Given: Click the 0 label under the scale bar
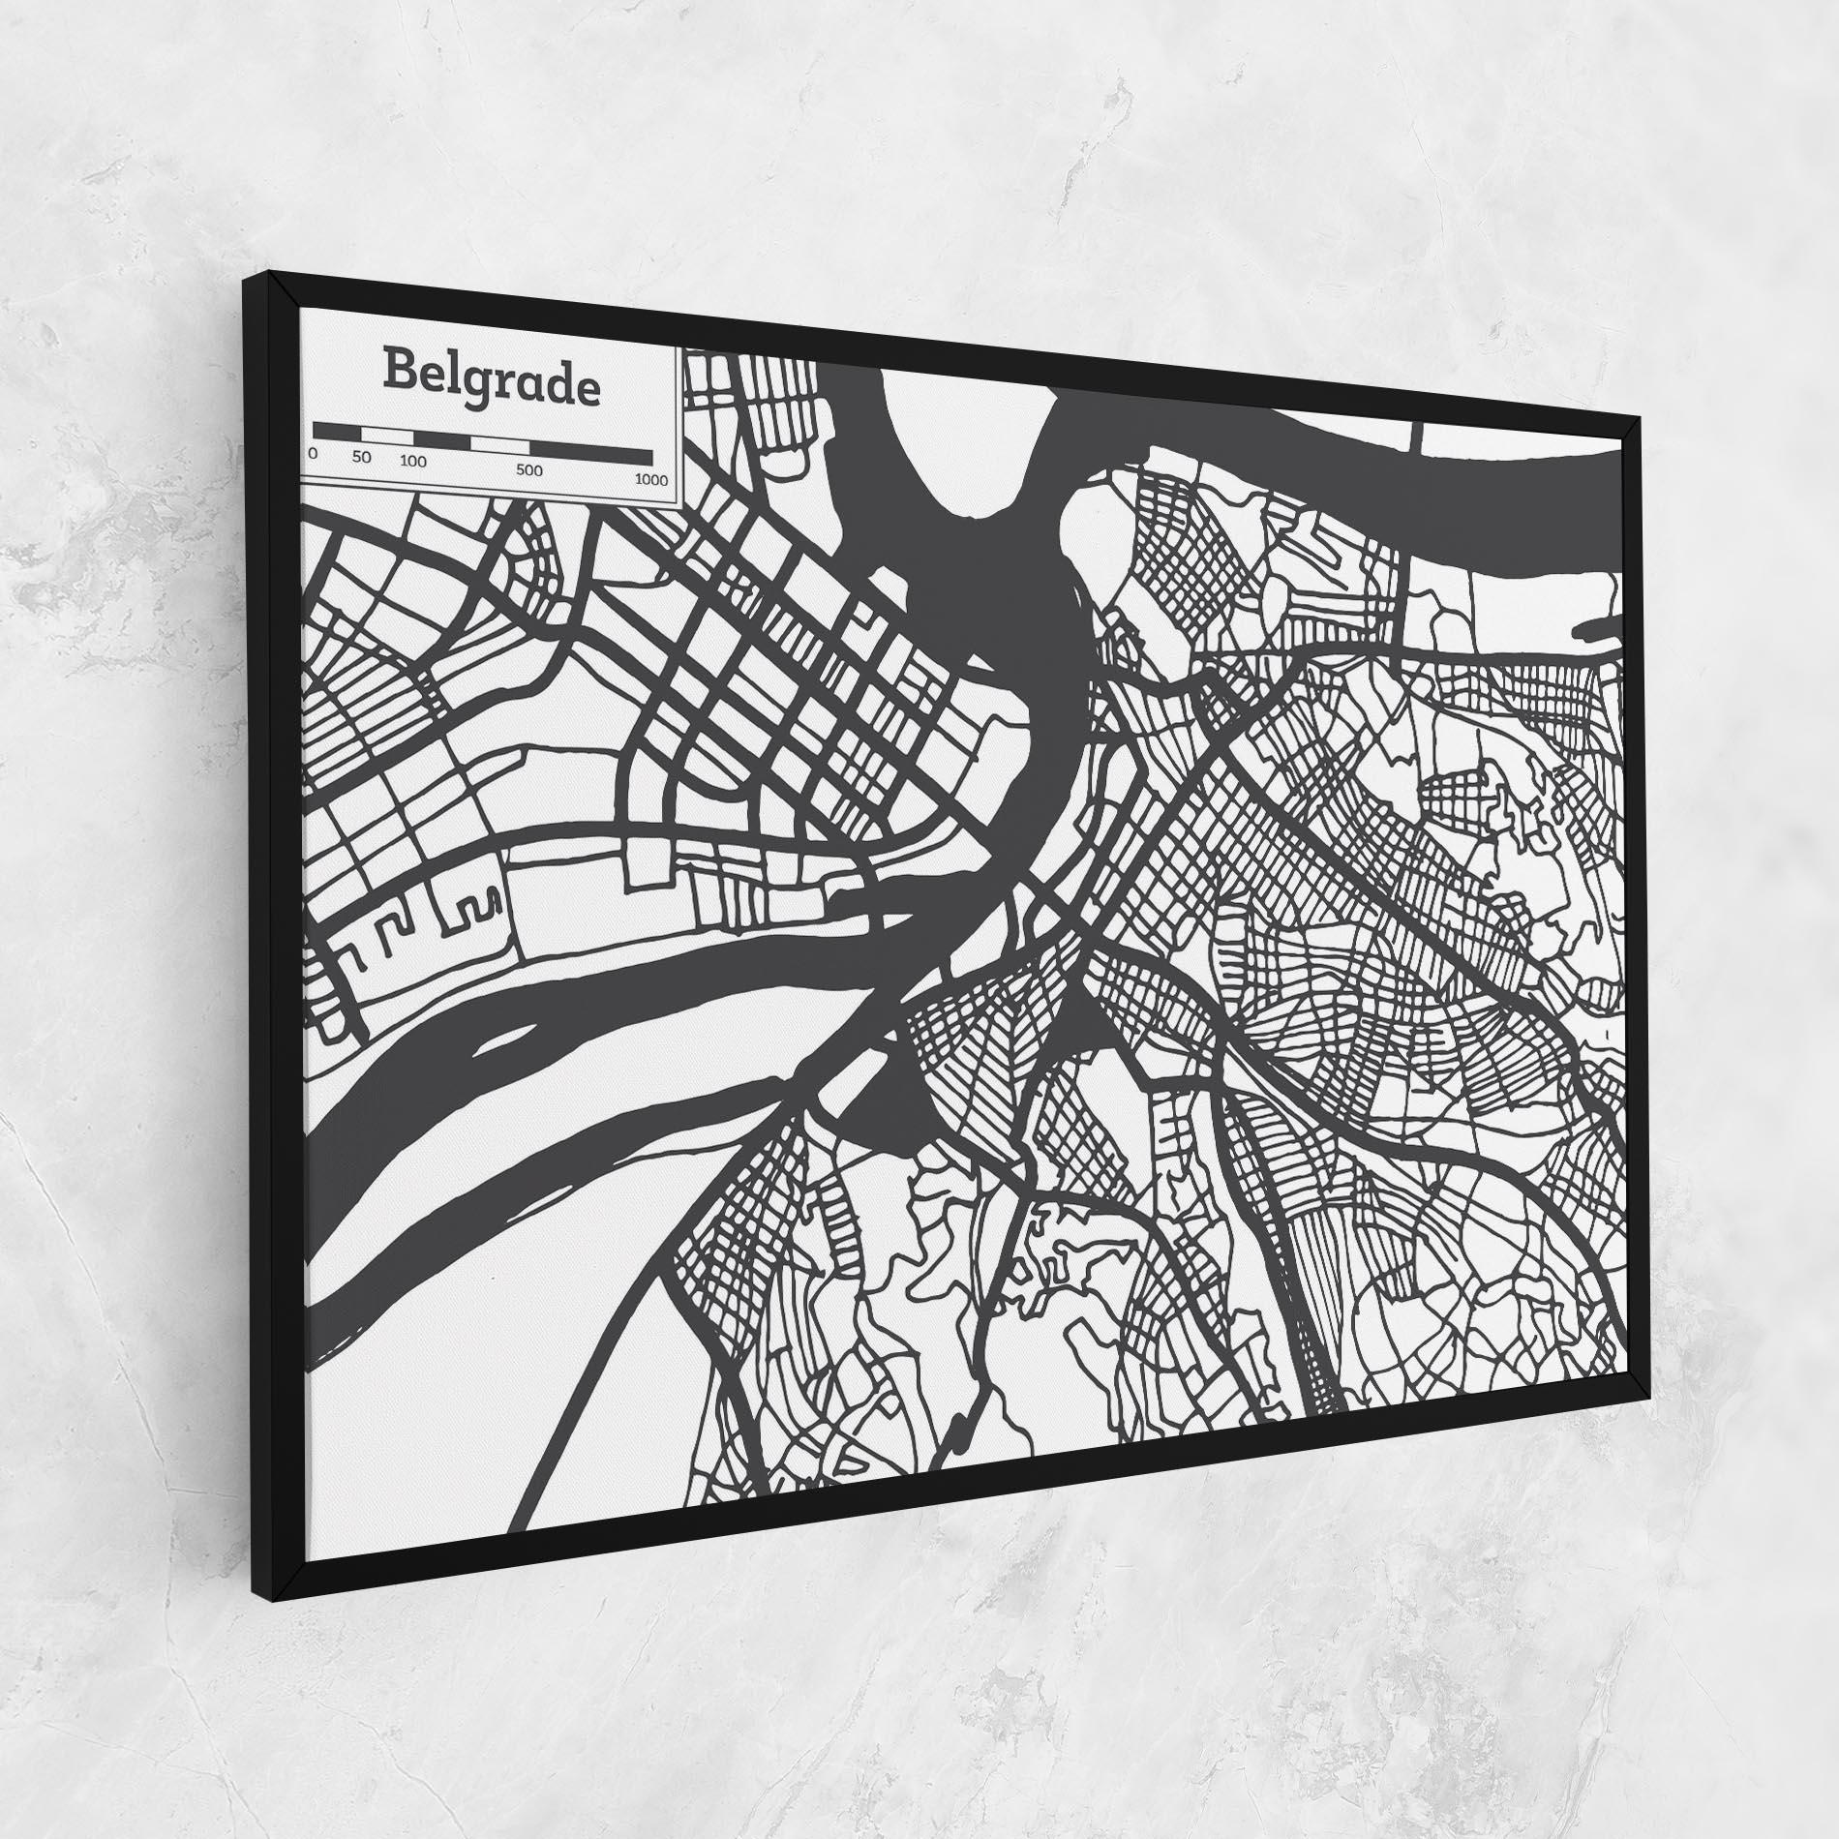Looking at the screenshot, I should click(313, 453).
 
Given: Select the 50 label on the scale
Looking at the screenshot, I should click(362, 457).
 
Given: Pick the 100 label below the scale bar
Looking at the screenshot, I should click(413, 462).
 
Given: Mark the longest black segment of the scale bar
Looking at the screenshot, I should click(590, 451).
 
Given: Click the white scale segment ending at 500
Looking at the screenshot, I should click(499, 444).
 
